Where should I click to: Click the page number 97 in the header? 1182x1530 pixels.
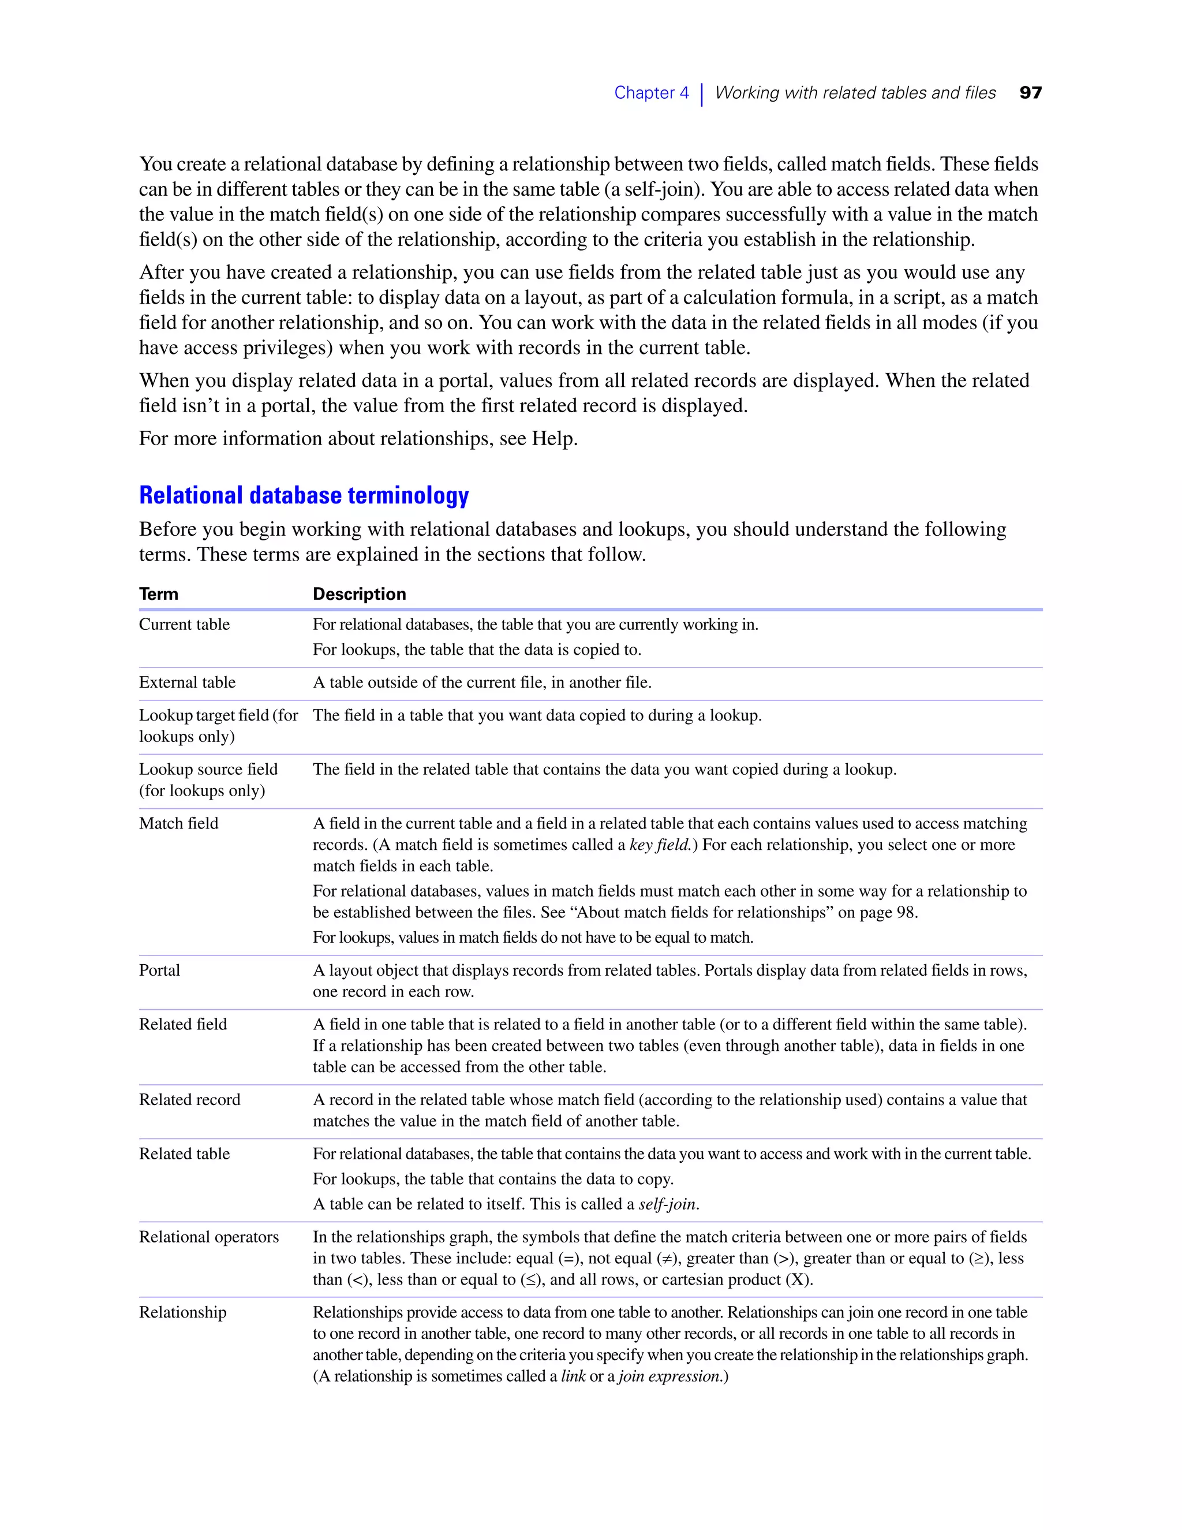1030,92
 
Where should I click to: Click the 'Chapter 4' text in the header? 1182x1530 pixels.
651,92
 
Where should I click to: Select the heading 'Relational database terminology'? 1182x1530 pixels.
304,495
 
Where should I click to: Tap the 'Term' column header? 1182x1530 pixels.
159,594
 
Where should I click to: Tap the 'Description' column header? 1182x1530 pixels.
359,594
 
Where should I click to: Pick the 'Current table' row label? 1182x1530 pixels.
184,624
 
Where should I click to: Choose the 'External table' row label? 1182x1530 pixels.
187,682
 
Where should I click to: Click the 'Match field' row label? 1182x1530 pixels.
178,823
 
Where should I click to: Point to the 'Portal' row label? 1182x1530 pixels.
160,971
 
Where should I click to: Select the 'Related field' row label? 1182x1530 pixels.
183,1024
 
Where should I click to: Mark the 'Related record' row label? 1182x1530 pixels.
189,1099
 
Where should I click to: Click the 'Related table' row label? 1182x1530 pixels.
184,1153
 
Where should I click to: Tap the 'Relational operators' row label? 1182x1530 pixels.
209,1237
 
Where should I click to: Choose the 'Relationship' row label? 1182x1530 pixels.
183,1312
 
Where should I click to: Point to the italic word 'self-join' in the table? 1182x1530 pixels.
667,1204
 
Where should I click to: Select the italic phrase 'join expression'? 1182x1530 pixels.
669,1376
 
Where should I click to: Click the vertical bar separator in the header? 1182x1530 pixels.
702,94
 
